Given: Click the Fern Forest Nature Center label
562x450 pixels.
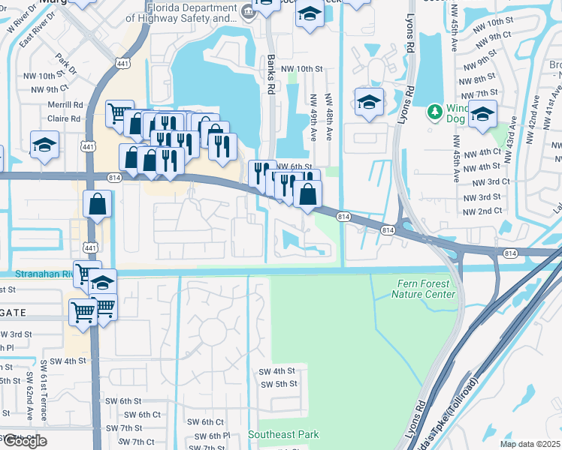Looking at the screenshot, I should pyautogui.click(x=423, y=289).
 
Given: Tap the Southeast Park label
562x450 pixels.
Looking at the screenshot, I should pyautogui.click(x=283, y=434).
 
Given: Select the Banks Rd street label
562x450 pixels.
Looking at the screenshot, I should pyautogui.click(x=270, y=73).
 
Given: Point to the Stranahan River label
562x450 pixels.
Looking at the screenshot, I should pyautogui.click(x=35, y=275).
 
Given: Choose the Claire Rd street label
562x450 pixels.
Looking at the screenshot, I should pyautogui.click(x=64, y=118).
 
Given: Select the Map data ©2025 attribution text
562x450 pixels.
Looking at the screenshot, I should pyautogui.click(x=530, y=444).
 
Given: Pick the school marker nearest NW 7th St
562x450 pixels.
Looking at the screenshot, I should pyautogui.click(x=483, y=115).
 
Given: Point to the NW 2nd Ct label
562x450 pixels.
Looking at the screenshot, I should pyautogui.click(x=482, y=211).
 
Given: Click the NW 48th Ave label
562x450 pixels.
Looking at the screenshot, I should pyautogui.click(x=328, y=117).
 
